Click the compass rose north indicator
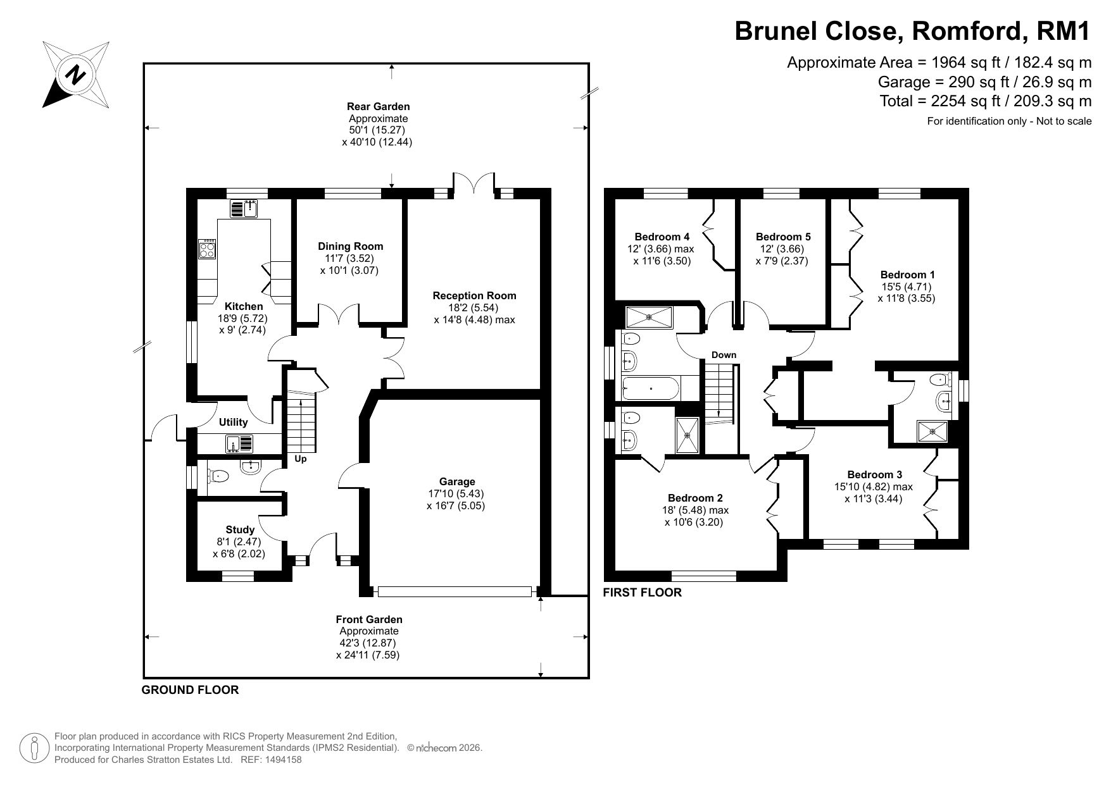point(76,75)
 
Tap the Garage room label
point(457,482)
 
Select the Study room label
point(240,530)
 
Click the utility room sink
point(239,444)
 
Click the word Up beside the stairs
point(301,459)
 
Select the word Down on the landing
point(724,355)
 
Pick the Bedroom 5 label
point(783,237)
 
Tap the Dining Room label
point(350,246)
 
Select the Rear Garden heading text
point(378,107)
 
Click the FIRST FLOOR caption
point(642,593)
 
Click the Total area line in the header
point(986,101)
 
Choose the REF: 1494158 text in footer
point(272,760)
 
